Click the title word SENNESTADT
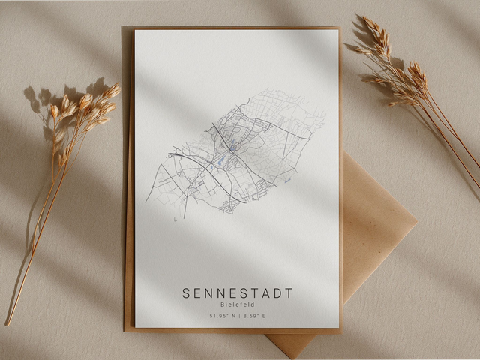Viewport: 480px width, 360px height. (237, 292)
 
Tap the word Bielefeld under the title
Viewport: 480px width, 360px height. (237, 305)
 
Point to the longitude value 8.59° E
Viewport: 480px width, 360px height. (254, 316)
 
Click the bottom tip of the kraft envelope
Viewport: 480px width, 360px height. (294, 355)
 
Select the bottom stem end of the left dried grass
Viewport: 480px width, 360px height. (7, 324)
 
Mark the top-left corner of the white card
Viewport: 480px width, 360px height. (135, 31)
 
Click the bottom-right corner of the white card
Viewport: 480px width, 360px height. (339, 327)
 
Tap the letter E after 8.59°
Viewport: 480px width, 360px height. (264, 316)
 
